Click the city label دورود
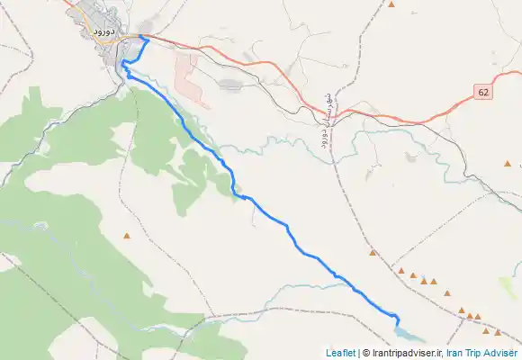(x=103, y=31)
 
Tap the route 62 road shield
(x=483, y=93)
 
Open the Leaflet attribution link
(x=340, y=353)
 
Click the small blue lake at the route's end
(x=404, y=332)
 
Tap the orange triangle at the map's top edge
(x=391, y=4)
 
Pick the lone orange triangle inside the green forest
(x=127, y=237)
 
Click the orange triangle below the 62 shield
(x=508, y=164)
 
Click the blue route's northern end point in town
(x=141, y=37)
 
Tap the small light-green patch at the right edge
(x=510, y=287)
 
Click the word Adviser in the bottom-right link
(x=501, y=353)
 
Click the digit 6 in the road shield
(x=481, y=93)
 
